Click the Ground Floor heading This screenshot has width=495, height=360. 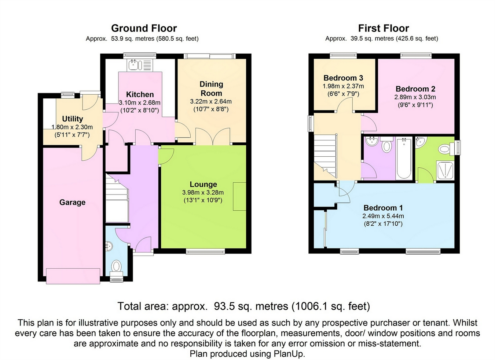pos(144,28)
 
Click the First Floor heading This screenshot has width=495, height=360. pos(383,28)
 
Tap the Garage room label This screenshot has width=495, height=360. pos(72,202)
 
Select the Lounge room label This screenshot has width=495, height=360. pos(203,184)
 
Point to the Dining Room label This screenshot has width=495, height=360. pos(211,88)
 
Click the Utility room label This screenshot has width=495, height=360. pos(72,119)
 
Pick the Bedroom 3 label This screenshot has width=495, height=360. pos(343,78)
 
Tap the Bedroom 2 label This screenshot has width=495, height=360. pos(415,89)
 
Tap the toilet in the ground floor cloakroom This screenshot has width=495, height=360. pos(117,266)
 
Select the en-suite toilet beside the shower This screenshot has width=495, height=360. pos(445,149)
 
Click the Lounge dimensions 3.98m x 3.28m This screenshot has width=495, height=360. pos(203,192)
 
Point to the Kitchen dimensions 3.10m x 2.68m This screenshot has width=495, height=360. pos(140,102)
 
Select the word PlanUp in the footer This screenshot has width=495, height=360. pos(289,354)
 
